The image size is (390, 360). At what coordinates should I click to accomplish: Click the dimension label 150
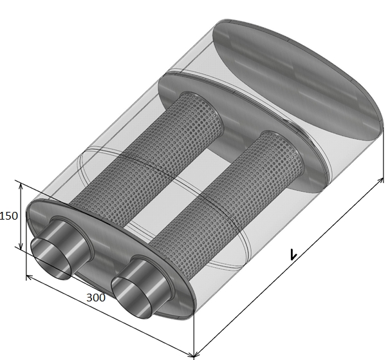9,216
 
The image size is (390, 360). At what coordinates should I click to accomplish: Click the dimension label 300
96,298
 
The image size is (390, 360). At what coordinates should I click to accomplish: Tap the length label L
293,254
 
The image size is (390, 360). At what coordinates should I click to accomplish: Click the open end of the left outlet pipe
51,259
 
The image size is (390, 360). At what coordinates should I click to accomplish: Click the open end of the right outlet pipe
131,298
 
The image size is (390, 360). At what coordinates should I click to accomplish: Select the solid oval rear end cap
297,80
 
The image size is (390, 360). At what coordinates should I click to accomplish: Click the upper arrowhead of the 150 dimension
21,185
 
